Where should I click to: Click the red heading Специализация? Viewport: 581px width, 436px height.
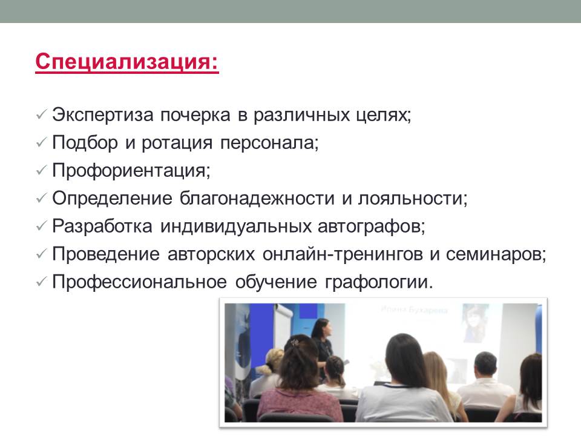click(x=126, y=62)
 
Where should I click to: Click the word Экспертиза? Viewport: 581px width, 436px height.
click(x=103, y=115)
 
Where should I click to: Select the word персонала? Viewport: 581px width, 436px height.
click(x=269, y=143)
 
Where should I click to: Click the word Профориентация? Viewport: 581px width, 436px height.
click(x=131, y=171)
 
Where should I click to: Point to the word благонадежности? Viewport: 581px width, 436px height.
click(x=257, y=199)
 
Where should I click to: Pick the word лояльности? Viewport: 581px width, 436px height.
click(x=412, y=199)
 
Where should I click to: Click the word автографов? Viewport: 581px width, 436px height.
click(x=371, y=226)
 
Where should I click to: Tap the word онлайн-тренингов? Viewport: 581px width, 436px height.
click(x=343, y=254)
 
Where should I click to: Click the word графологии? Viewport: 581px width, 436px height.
click(x=379, y=282)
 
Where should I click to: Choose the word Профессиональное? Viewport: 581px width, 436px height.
click(x=139, y=282)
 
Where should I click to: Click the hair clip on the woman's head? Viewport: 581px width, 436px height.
click(x=295, y=342)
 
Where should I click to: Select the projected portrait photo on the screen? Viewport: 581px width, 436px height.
click(x=474, y=322)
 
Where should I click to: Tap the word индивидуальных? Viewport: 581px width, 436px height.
click(x=235, y=226)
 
